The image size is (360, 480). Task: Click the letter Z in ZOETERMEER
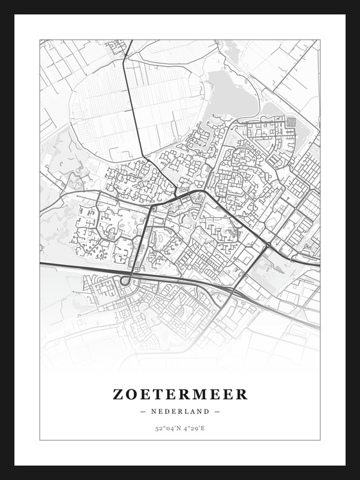118,395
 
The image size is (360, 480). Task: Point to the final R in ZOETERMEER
241,395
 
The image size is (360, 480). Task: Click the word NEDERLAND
180,411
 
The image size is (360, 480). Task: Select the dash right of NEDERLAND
217,411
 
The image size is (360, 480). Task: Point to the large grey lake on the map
231,95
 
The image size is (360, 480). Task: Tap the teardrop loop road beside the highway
126,279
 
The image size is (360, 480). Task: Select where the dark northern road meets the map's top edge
131,40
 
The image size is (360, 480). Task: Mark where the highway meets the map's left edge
40,263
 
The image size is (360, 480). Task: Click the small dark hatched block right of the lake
291,121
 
